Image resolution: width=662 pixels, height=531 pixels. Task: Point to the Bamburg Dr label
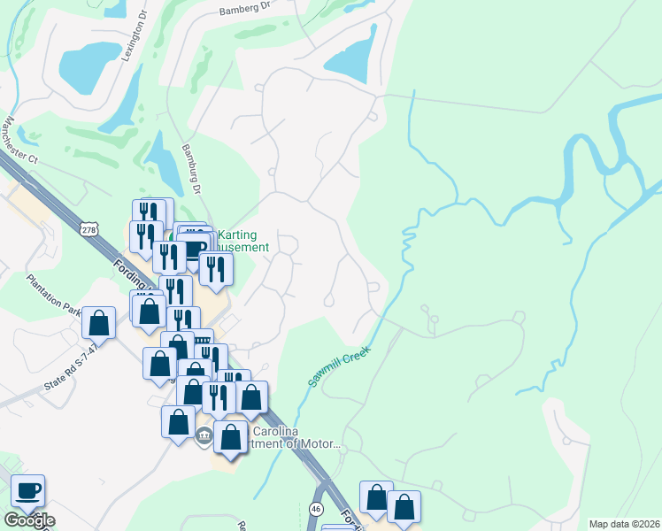click(191, 169)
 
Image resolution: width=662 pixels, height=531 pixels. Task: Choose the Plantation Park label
click(55, 296)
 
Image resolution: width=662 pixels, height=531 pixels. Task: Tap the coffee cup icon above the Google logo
click(27, 489)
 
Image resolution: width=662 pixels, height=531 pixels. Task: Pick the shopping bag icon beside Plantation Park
click(99, 322)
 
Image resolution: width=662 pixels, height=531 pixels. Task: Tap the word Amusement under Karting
click(244, 248)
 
